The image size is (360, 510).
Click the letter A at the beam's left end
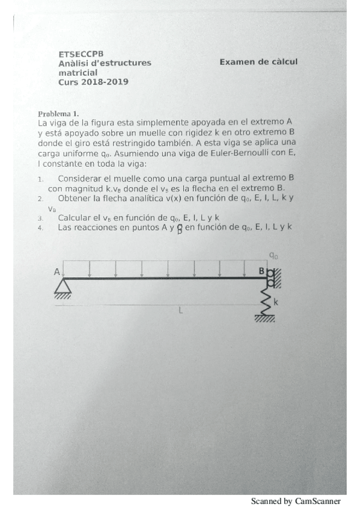58,271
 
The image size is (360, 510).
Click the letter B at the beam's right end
261,271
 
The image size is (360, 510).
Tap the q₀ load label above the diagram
273,256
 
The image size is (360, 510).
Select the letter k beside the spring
276,302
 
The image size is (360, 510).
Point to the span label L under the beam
180,310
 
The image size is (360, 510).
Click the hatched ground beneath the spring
264,319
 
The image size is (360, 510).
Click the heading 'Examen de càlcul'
258,62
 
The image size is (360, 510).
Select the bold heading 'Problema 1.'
58,113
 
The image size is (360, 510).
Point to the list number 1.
40,179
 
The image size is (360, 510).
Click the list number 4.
40,228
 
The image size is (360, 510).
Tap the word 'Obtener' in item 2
74,198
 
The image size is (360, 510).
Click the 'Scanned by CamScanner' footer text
295,501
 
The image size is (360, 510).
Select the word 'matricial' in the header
78,72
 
